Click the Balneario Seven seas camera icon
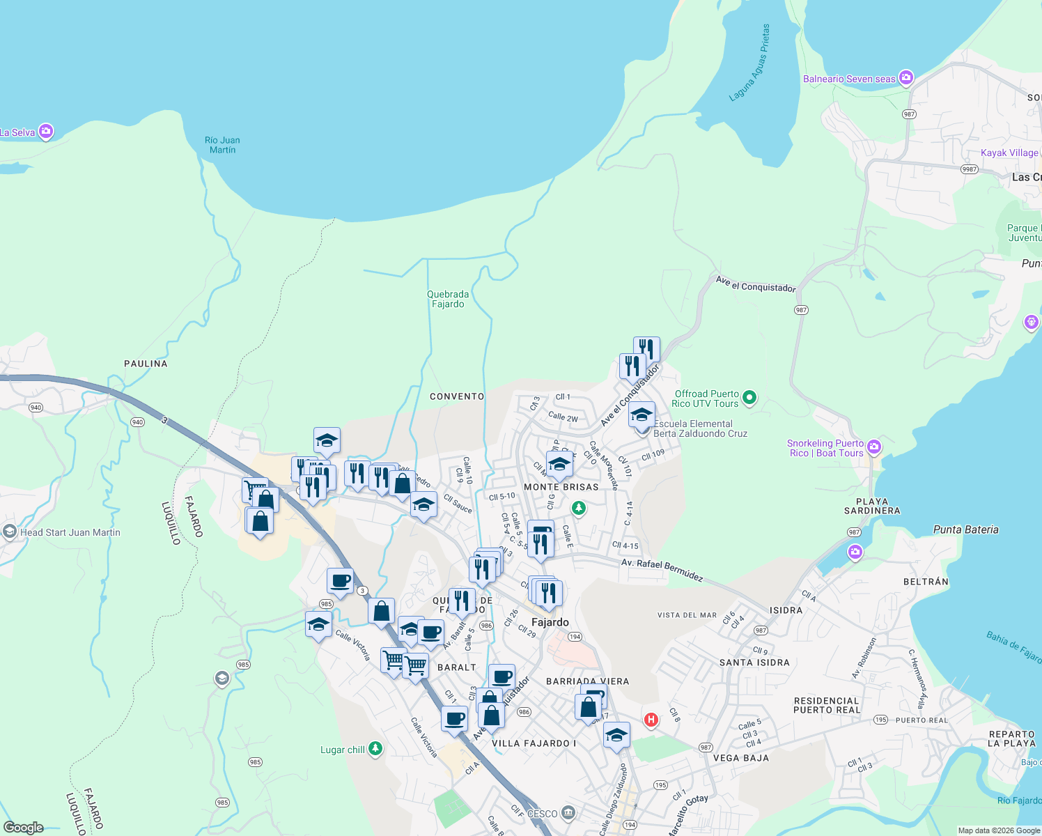pyautogui.click(x=906, y=78)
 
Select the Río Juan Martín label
pyautogui.click(x=223, y=145)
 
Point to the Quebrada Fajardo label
pyautogui.click(x=448, y=299)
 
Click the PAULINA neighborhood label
pyautogui.click(x=146, y=364)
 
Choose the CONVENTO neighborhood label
pyautogui.click(x=457, y=396)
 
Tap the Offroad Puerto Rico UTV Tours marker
pyautogui.click(x=749, y=398)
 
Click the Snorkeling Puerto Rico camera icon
pyautogui.click(x=874, y=447)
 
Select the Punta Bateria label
pyautogui.click(x=965, y=529)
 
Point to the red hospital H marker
pyautogui.click(x=651, y=720)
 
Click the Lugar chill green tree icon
pyautogui.click(x=375, y=749)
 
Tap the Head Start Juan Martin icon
pyautogui.click(x=9, y=532)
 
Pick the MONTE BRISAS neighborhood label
pyautogui.click(x=561, y=487)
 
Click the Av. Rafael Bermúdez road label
pyautogui.click(x=662, y=569)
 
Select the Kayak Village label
pyautogui.click(x=1009, y=153)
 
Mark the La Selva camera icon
pyautogui.click(x=46, y=131)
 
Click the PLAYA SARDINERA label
pyautogui.click(x=872, y=506)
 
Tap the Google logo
pyautogui.click(x=24, y=828)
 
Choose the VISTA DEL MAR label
pyautogui.click(x=687, y=615)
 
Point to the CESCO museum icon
pyautogui.click(x=568, y=812)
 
